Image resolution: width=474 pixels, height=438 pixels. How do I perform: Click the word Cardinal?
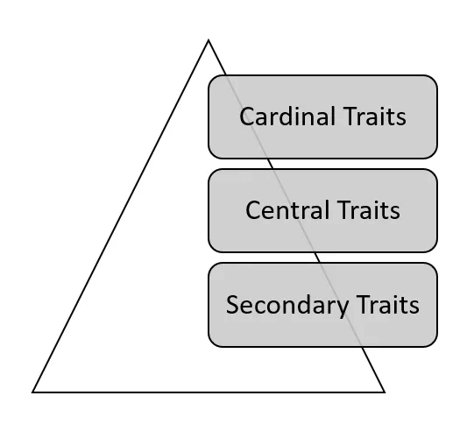pos(287,116)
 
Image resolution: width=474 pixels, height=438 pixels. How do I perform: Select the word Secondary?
pos(287,306)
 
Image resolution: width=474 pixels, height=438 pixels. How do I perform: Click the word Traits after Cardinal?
pos(375,116)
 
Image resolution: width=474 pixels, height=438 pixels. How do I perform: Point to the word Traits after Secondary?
pos(388,304)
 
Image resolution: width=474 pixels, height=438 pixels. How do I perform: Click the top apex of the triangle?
pos(209,39)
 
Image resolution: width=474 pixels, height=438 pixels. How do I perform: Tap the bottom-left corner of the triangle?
pos(32,392)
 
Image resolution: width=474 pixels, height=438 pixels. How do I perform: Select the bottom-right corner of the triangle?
pos(385,392)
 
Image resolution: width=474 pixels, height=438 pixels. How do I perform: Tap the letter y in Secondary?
pos(342,307)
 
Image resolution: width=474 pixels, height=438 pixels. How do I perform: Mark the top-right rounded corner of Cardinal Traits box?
pos(433,80)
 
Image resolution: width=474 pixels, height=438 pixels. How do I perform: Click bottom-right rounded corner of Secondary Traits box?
pos(433,343)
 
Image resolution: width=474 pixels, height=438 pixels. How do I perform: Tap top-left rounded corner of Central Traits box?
pos(213,173)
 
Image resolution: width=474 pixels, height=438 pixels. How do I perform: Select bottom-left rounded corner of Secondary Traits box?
pos(213,343)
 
